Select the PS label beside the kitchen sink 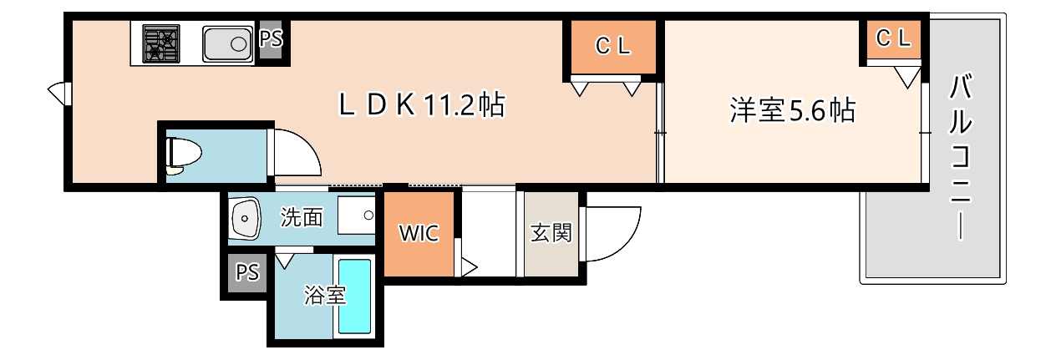click(x=271, y=39)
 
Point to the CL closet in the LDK click(x=613, y=48)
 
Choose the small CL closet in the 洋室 click(x=893, y=38)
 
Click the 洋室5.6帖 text click(x=792, y=110)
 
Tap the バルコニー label click(x=961, y=157)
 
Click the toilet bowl click(x=184, y=155)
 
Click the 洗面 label click(x=302, y=218)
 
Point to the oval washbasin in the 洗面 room click(x=244, y=218)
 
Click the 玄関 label click(x=551, y=233)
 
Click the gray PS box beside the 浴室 click(x=246, y=273)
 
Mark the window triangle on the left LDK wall click(x=58, y=93)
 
